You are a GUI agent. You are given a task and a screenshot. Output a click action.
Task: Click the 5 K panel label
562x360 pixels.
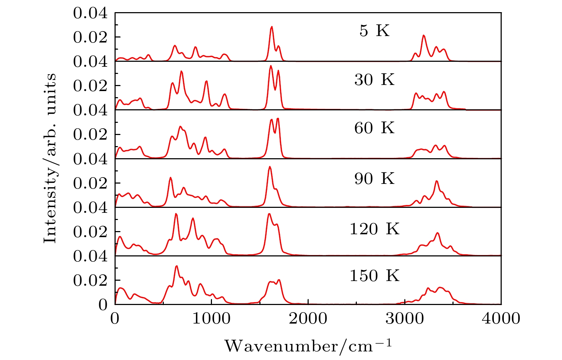[374, 31]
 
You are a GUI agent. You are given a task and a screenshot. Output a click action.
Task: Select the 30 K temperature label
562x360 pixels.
[374, 80]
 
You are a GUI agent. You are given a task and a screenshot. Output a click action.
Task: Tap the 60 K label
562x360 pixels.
[374, 128]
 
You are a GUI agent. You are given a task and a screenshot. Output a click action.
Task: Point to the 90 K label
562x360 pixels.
[374, 179]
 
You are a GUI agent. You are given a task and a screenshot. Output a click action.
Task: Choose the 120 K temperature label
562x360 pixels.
[374, 229]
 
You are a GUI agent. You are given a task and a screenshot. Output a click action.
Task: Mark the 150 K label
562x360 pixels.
[374, 276]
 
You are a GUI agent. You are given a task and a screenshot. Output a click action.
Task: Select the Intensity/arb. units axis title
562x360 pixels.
[50, 158]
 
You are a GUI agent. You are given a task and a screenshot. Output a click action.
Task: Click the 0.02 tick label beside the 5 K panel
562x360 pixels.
[90, 37]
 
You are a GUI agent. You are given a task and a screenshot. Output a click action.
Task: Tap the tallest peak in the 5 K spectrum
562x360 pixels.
[272, 27]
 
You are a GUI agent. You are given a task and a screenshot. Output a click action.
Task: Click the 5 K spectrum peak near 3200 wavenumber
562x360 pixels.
[424, 35]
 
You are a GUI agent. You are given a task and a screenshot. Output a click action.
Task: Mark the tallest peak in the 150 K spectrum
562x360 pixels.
[176, 266]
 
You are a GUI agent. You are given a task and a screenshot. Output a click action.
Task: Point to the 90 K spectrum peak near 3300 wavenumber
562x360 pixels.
[436, 181]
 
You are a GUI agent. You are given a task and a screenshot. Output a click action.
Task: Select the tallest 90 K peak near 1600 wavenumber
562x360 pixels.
[270, 167]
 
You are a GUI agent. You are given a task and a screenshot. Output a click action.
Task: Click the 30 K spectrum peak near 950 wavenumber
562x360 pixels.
[206, 81]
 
